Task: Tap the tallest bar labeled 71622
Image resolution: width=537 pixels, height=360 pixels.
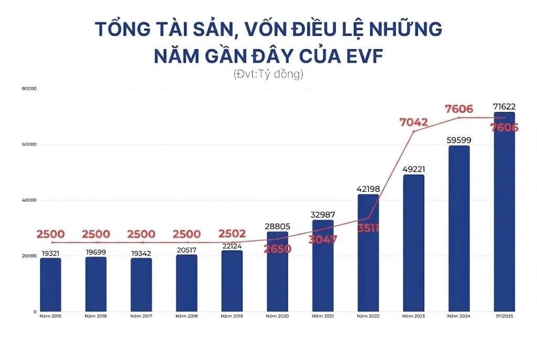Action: coord(504,212)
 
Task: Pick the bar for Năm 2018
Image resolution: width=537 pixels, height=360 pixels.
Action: coord(187,283)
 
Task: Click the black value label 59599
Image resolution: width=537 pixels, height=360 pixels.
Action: coord(459,140)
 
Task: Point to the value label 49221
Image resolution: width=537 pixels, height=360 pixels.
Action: coord(414,169)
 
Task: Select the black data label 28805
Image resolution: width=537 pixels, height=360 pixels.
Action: coord(277,226)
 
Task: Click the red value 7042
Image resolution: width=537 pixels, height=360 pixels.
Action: coord(414,123)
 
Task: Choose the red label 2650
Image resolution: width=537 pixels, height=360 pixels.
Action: coord(277,249)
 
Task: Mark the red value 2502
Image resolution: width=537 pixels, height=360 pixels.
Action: coord(232,234)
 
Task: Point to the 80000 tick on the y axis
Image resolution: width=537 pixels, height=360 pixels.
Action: coord(29,89)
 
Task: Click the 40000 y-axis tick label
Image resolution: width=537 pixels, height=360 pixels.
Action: coord(29,200)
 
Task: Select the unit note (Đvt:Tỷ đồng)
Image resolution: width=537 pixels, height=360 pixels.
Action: coord(268,74)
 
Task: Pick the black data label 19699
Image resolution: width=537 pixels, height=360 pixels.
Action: coord(96,252)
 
